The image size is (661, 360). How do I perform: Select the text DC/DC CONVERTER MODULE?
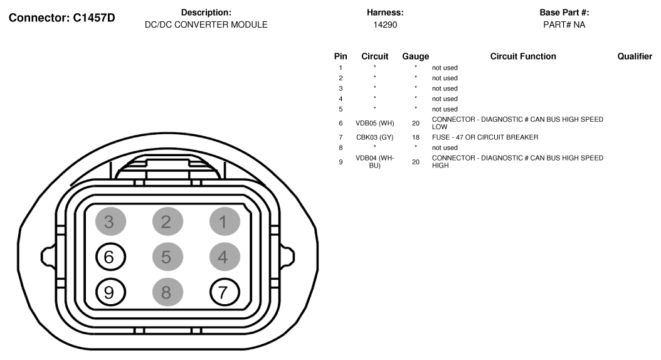click(x=206, y=25)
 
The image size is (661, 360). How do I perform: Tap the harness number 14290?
click(x=385, y=25)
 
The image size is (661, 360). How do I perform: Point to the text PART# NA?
click(x=564, y=25)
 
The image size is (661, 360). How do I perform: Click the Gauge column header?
click(x=416, y=56)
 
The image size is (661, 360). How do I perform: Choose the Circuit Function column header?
click(x=523, y=56)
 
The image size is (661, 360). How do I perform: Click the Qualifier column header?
click(x=635, y=56)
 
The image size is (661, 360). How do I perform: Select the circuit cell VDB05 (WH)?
click(x=375, y=123)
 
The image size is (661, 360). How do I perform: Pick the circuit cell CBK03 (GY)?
click(x=375, y=137)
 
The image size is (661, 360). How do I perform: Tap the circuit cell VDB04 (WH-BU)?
click(x=375, y=162)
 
